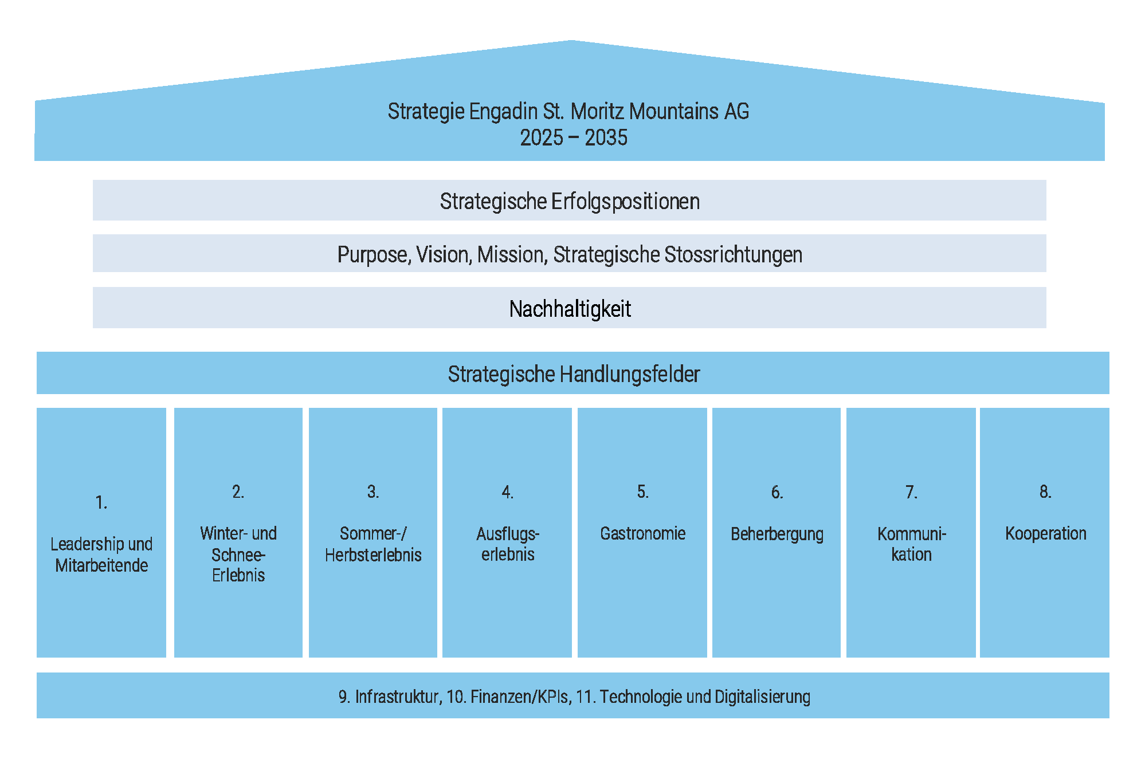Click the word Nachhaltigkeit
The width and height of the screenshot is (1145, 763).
(x=570, y=309)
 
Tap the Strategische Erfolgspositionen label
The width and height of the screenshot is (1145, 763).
(x=570, y=202)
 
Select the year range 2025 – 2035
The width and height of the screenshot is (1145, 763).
(x=573, y=138)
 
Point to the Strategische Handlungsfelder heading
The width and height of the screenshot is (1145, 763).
(x=573, y=374)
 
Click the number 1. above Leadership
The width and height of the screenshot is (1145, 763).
(x=101, y=502)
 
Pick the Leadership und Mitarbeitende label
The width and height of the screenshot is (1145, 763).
(x=101, y=554)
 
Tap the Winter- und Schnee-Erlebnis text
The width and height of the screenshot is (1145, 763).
(x=238, y=554)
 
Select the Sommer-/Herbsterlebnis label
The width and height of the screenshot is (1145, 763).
(x=373, y=544)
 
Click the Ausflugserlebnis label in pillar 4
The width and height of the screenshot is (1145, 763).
(x=508, y=544)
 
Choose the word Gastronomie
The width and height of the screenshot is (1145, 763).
(x=642, y=533)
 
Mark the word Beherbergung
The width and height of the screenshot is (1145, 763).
(x=777, y=534)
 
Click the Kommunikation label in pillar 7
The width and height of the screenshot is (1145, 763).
(x=911, y=544)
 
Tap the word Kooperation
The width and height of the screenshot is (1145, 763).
(x=1045, y=533)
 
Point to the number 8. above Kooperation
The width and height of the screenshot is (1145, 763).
(x=1045, y=491)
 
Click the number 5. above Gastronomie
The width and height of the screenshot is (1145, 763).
(x=642, y=491)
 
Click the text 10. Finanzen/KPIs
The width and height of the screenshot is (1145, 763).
(x=508, y=697)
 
